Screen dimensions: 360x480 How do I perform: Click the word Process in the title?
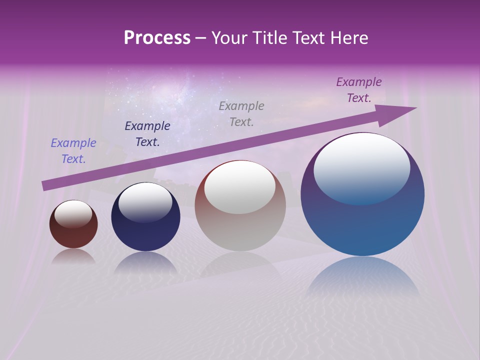point(157,38)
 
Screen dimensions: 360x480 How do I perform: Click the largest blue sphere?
point(362,225)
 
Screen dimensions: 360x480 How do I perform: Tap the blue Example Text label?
point(73,151)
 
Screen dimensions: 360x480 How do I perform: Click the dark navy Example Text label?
point(147,134)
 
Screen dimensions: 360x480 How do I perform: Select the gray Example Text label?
point(241,113)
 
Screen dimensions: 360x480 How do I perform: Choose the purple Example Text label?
point(359,90)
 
